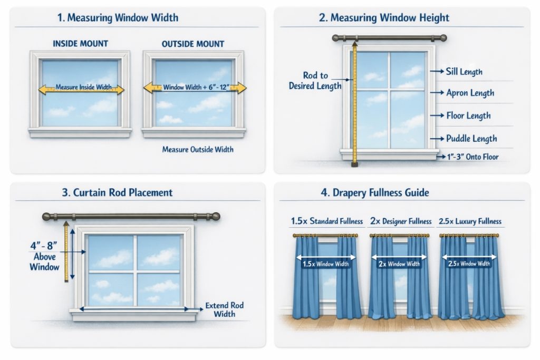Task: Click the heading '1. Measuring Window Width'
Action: point(118,18)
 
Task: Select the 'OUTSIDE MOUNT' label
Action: point(194,44)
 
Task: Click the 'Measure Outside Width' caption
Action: point(198,150)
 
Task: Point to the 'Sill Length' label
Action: point(464,72)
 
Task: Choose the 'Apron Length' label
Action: point(470,93)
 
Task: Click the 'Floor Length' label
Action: point(468,115)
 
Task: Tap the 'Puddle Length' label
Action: point(471,139)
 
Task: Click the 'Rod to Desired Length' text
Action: point(315,81)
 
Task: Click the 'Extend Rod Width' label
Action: point(225,309)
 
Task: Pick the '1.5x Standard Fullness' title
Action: point(327,221)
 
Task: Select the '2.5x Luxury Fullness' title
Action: point(470,221)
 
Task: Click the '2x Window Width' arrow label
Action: point(399,264)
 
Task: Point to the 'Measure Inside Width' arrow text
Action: point(83,87)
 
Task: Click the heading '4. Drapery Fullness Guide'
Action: point(375,192)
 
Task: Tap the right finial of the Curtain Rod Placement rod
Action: point(216,216)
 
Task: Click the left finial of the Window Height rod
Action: point(336,38)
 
